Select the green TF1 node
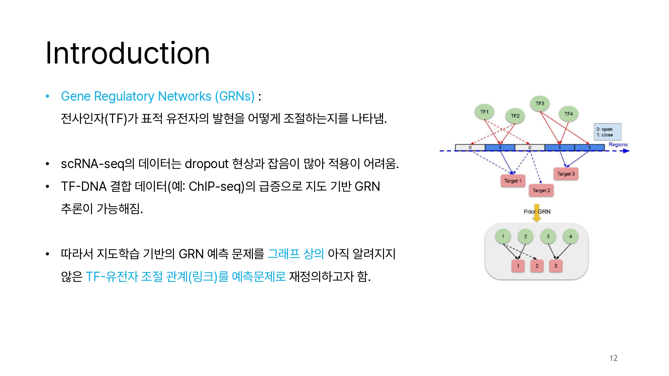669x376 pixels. click(x=484, y=112)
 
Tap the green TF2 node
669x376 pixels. click(x=515, y=116)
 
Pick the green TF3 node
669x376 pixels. click(x=540, y=104)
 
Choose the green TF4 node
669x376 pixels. click(x=569, y=114)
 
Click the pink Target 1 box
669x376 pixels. click(x=513, y=181)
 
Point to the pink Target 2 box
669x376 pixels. click(x=541, y=191)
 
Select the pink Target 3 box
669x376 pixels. click(x=566, y=174)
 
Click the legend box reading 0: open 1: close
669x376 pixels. click(x=607, y=132)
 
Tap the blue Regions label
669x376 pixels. click(x=618, y=144)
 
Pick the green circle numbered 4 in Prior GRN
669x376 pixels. click(x=571, y=236)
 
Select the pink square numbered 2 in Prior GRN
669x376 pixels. click(x=537, y=266)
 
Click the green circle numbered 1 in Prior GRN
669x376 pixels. click(x=503, y=236)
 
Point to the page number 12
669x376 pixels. click(x=613, y=358)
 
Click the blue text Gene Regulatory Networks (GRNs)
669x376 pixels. click(x=158, y=96)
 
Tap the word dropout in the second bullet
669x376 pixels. click(x=206, y=164)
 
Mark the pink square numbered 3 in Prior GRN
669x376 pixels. click(x=556, y=266)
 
